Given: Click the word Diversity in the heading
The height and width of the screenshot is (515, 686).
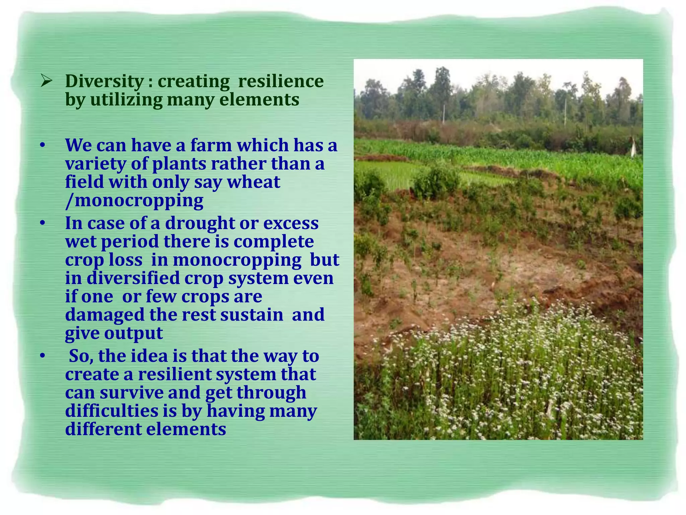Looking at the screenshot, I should [x=105, y=81].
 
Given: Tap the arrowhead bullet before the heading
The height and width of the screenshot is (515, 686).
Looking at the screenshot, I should [x=46, y=81].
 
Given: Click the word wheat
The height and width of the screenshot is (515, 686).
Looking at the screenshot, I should [x=254, y=182].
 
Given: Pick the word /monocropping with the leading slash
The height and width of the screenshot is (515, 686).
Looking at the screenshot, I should [x=134, y=201].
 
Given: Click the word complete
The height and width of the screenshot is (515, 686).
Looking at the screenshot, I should [x=274, y=242].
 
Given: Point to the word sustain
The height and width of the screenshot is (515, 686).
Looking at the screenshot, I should [x=252, y=315].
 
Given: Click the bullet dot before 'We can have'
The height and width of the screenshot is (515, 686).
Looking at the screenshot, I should [x=42, y=146].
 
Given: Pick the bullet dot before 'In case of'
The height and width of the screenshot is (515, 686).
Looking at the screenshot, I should [x=42, y=223].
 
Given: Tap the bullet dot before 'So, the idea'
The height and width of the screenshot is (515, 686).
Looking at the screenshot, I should [x=42, y=356].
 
